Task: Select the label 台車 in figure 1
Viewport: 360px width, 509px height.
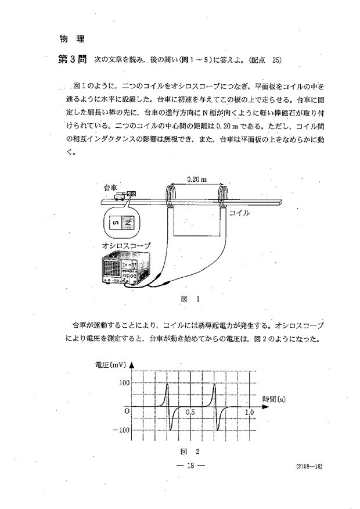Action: click(x=110, y=187)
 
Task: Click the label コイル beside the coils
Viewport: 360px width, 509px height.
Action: click(x=239, y=213)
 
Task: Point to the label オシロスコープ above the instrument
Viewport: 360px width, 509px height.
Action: click(x=126, y=246)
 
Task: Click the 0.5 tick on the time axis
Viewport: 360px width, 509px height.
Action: click(x=191, y=412)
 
